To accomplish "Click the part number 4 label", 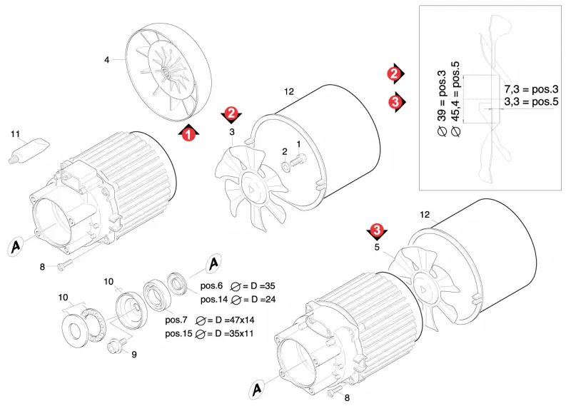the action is pos(106,60).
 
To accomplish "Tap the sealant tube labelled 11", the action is pos(29,151).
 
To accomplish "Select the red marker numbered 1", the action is pos(188,133).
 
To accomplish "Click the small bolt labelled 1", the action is pos(298,161).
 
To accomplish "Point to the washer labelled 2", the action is pos(286,166).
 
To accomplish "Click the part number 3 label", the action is pos(232,132).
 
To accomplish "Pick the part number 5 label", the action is pos(377,248).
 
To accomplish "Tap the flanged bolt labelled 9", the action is pos(117,344).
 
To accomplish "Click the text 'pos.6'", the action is pos(211,285).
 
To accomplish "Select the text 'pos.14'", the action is pos(214,299).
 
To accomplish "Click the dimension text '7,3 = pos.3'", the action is pos(531,89).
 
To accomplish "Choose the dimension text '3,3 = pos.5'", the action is pos(531,101).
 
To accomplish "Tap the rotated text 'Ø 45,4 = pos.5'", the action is pos(456,99).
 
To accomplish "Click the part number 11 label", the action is pos(15,134).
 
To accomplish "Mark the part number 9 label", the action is pos(134,355).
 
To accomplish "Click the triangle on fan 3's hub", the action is pos(252,189).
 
